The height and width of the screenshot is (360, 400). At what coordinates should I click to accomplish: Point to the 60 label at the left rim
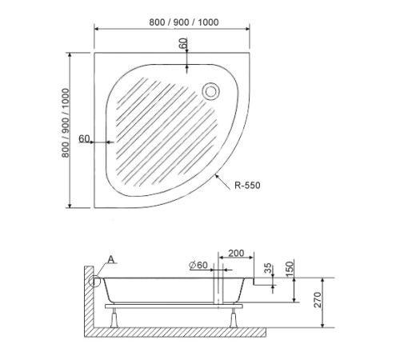[85, 138]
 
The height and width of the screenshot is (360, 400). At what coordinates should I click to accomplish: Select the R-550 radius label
[247, 185]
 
